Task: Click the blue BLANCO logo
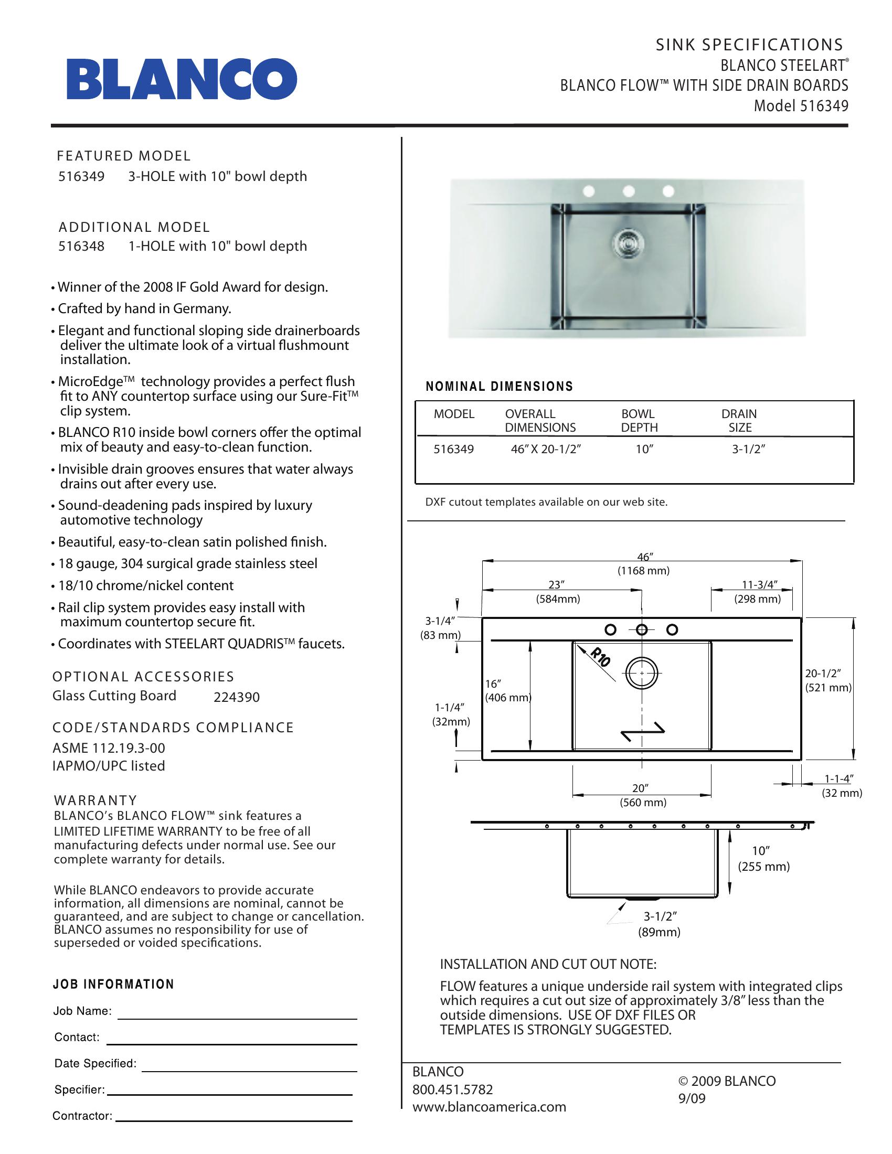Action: pos(181,79)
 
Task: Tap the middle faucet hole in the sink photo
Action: pos(628,190)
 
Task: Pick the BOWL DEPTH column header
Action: pos(639,421)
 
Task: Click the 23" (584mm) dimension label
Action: pos(557,592)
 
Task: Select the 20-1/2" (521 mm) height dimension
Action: pos(827,680)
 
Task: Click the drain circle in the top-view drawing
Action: pos(642,674)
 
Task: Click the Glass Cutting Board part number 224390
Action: pos(236,698)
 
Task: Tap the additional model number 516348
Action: pos(81,246)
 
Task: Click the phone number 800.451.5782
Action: pos(452,1089)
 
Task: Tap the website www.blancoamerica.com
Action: pos(489,1107)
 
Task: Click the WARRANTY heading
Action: pos(95,800)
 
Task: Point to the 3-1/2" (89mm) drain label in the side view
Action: pos(659,924)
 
